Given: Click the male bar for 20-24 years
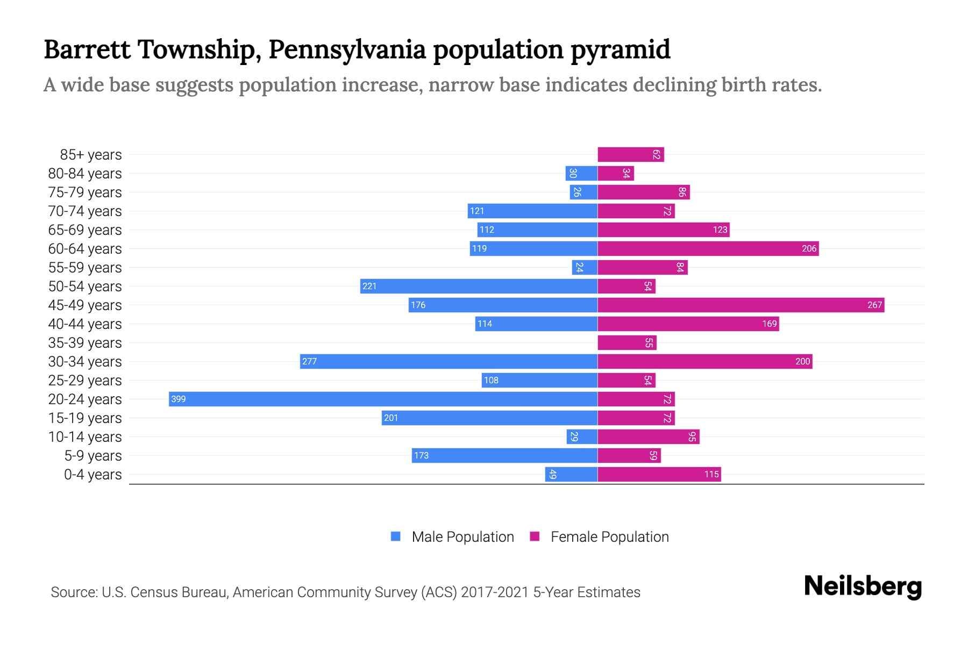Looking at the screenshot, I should (x=383, y=399).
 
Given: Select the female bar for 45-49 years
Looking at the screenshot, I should (x=741, y=305).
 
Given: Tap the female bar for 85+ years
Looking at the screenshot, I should (x=630, y=154).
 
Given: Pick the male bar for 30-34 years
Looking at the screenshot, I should (x=449, y=361).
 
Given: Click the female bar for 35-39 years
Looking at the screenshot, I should (x=627, y=342).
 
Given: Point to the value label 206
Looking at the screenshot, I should (x=808, y=248).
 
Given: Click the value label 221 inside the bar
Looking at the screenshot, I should (x=369, y=286).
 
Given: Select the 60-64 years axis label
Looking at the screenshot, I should (x=85, y=249).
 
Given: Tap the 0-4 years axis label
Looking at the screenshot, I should (x=92, y=475).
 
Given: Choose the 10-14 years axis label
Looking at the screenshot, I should (x=85, y=437).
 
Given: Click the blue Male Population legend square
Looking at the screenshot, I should (x=396, y=536).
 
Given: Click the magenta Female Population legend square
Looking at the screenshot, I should (x=535, y=536).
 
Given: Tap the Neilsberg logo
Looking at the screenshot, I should (x=863, y=586).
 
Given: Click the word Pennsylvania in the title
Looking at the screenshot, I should (x=347, y=49).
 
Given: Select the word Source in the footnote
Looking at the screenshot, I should (x=73, y=592).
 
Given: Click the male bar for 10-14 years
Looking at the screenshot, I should (x=582, y=436).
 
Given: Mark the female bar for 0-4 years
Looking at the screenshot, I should (x=659, y=474).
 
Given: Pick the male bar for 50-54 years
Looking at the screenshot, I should (x=479, y=286).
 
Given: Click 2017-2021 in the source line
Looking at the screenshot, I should (x=495, y=592).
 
